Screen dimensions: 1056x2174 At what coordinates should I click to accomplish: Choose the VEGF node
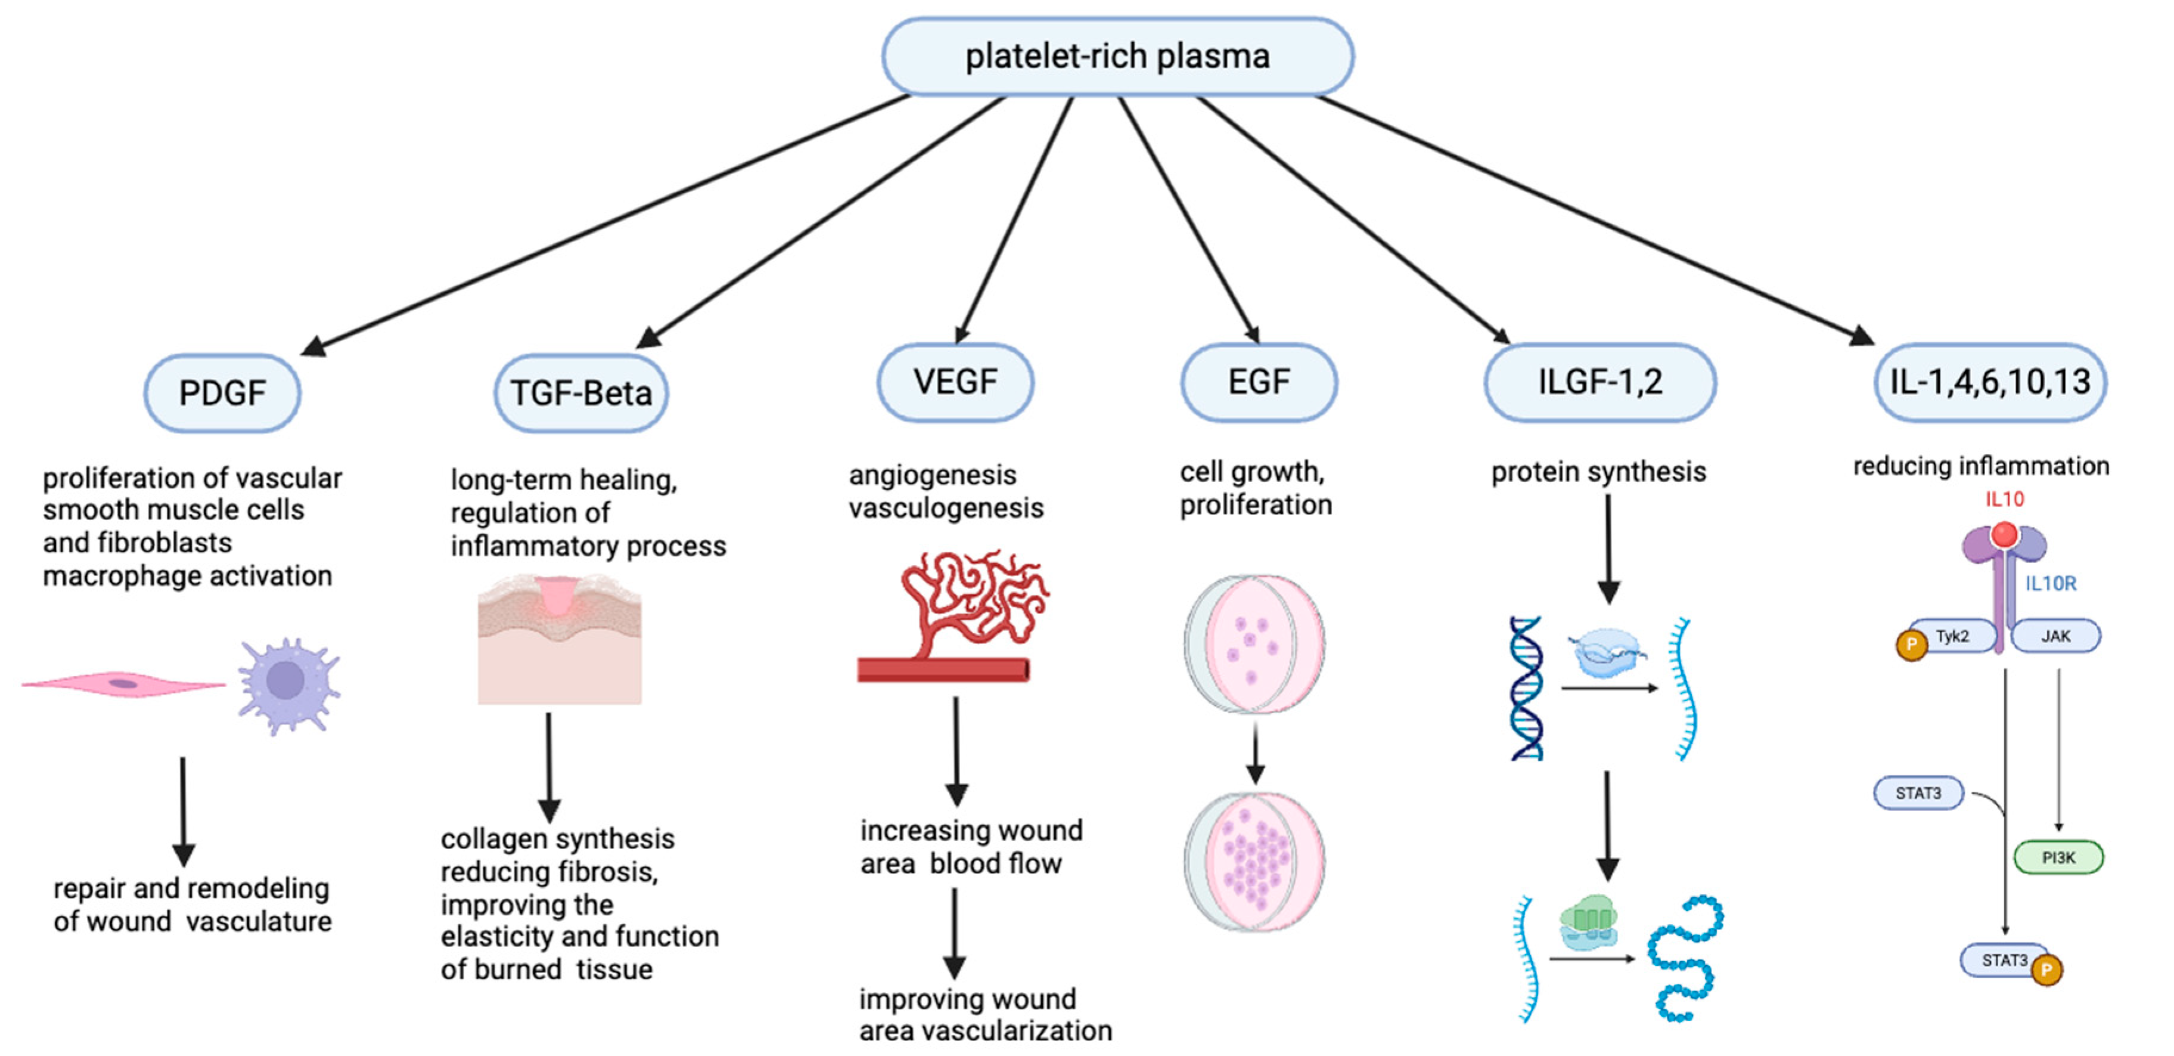click(955, 382)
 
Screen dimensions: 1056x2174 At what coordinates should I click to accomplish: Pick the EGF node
click(1258, 382)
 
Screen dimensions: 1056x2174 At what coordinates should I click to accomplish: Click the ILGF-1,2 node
click(1600, 382)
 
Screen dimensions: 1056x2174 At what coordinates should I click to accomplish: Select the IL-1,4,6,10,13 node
click(1990, 382)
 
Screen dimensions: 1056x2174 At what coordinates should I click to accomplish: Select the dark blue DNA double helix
click(1526, 688)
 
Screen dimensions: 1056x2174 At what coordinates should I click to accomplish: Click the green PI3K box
click(2058, 857)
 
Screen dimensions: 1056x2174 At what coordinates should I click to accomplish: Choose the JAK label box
click(2056, 636)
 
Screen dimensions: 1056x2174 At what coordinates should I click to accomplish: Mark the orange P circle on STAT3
click(2046, 969)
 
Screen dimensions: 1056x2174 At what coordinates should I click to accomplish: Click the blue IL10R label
click(2051, 583)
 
